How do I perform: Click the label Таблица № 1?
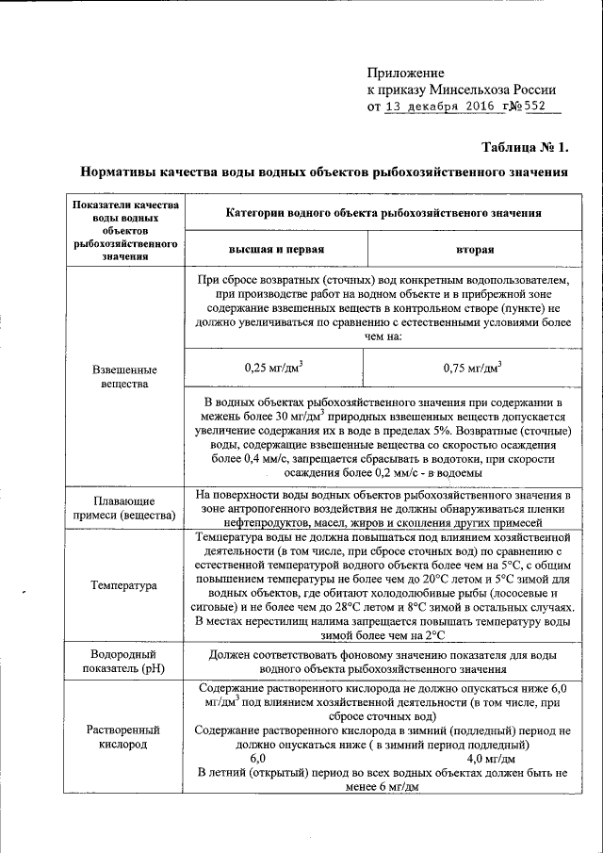[525, 147]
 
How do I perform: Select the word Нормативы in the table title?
[120, 172]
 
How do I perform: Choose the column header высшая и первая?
[276, 250]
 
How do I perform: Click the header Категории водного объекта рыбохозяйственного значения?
[383, 213]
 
